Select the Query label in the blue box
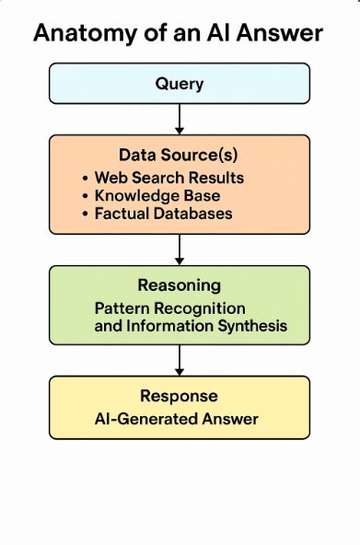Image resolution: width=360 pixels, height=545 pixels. point(179,85)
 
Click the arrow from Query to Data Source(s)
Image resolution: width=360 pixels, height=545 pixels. point(180,118)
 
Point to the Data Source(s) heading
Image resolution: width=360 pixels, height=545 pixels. point(179,154)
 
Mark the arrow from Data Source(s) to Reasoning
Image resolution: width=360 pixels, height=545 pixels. point(180,249)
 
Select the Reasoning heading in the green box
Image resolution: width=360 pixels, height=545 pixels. point(179,284)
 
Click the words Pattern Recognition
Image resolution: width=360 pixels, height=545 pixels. point(170,307)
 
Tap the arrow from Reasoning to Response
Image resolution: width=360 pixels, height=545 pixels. point(180,360)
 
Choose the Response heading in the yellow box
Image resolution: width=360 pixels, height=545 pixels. point(179,396)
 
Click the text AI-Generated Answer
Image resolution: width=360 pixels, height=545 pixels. point(177,419)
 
